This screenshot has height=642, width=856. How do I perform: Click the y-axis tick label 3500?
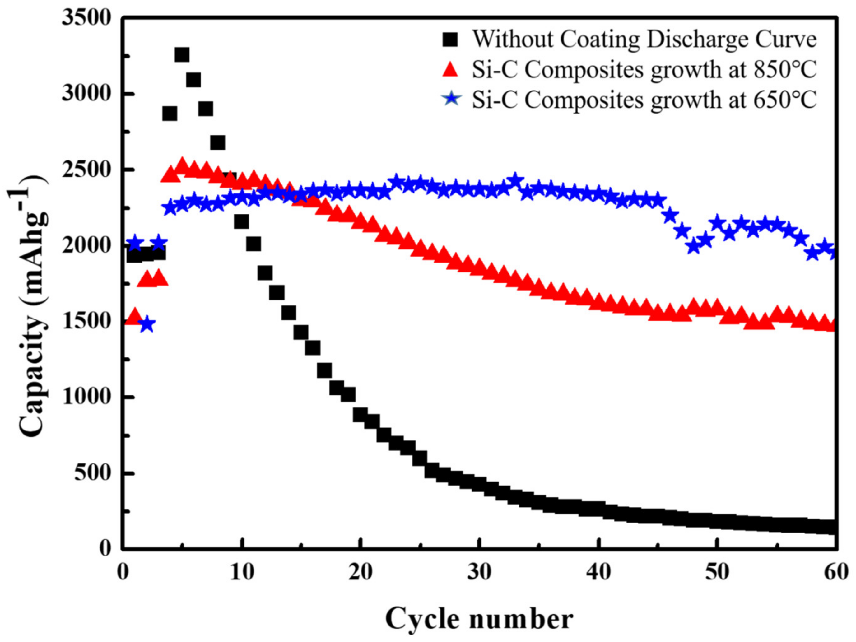(x=86, y=18)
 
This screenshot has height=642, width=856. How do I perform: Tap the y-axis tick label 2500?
(x=86, y=170)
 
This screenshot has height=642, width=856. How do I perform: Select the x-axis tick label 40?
(x=598, y=572)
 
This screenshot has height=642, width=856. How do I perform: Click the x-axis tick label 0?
(x=123, y=572)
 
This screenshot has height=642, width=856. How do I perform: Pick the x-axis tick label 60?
(x=836, y=572)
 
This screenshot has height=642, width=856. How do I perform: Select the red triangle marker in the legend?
(x=450, y=70)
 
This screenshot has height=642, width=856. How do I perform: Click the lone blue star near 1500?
(x=147, y=324)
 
